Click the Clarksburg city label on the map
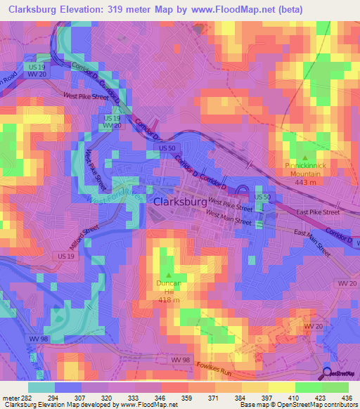pyautogui.click(x=179, y=201)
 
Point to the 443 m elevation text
pyautogui.click(x=304, y=182)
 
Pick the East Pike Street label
pyautogui.click(x=317, y=212)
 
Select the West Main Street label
pyautogui.click(x=229, y=221)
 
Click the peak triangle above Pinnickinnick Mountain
pyautogui.click(x=304, y=157)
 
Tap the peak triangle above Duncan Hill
pyautogui.click(x=168, y=275)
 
